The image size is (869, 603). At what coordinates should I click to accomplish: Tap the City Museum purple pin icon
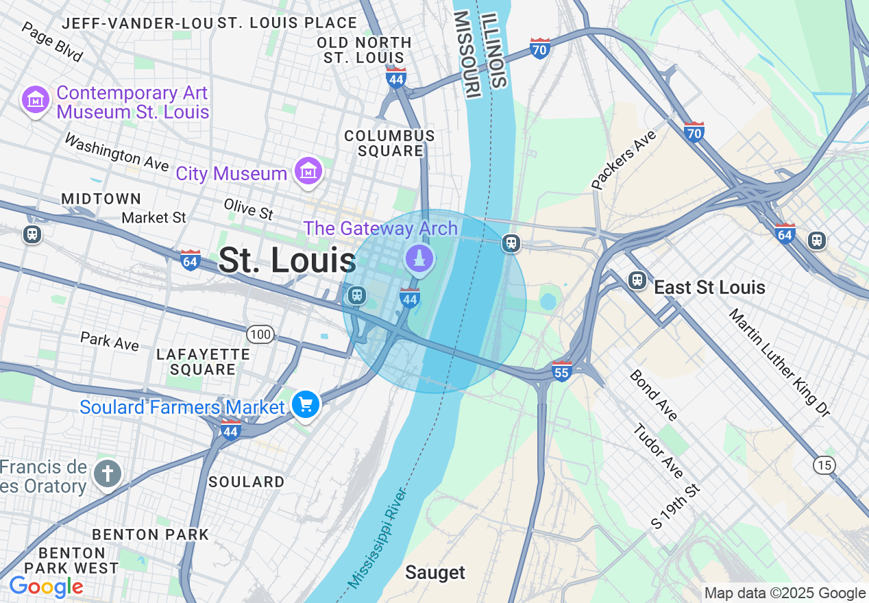pyautogui.click(x=308, y=171)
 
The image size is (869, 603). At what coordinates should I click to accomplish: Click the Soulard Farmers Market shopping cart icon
pyautogui.click(x=305, y=404)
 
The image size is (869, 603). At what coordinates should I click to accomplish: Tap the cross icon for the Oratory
pyautogui.click(x=107, y=473)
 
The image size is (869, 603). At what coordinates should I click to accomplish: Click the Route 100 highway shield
pyautogui.click(x=260, y=334)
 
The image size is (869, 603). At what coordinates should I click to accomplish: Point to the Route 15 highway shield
pyautogui.click(x=824, y=465)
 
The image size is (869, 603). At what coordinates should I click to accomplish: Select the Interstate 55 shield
pyautogui.click(x=561, y=371)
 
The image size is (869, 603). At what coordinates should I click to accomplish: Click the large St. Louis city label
pyautogui.click(x=286, y=260)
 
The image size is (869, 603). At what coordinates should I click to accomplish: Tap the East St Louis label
pyautogui.click(x=709, y=287)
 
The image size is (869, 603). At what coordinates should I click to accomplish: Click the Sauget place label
pyautogui.click(x=434, y=572)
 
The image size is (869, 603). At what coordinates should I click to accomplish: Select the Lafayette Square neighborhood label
pyautogui.click(x=203, y=362)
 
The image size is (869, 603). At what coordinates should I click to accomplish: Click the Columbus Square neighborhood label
pyautogui.click(x=389, y=143)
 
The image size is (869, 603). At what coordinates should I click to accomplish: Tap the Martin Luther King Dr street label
pyautogui.click(x=779, y=362)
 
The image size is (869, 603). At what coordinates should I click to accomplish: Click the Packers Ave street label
pyautogui.click(x=624, y=160)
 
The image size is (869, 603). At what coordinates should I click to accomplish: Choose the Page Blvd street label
pyautogui.click(x=52, y=42)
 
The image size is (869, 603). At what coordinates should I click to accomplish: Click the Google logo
pyautogui.click(x=46, y=587)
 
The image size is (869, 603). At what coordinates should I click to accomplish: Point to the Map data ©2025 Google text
pyautogui.click(x=785, y=593)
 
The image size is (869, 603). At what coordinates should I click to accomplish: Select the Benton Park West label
pyautogui.click(x=71, y=561)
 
